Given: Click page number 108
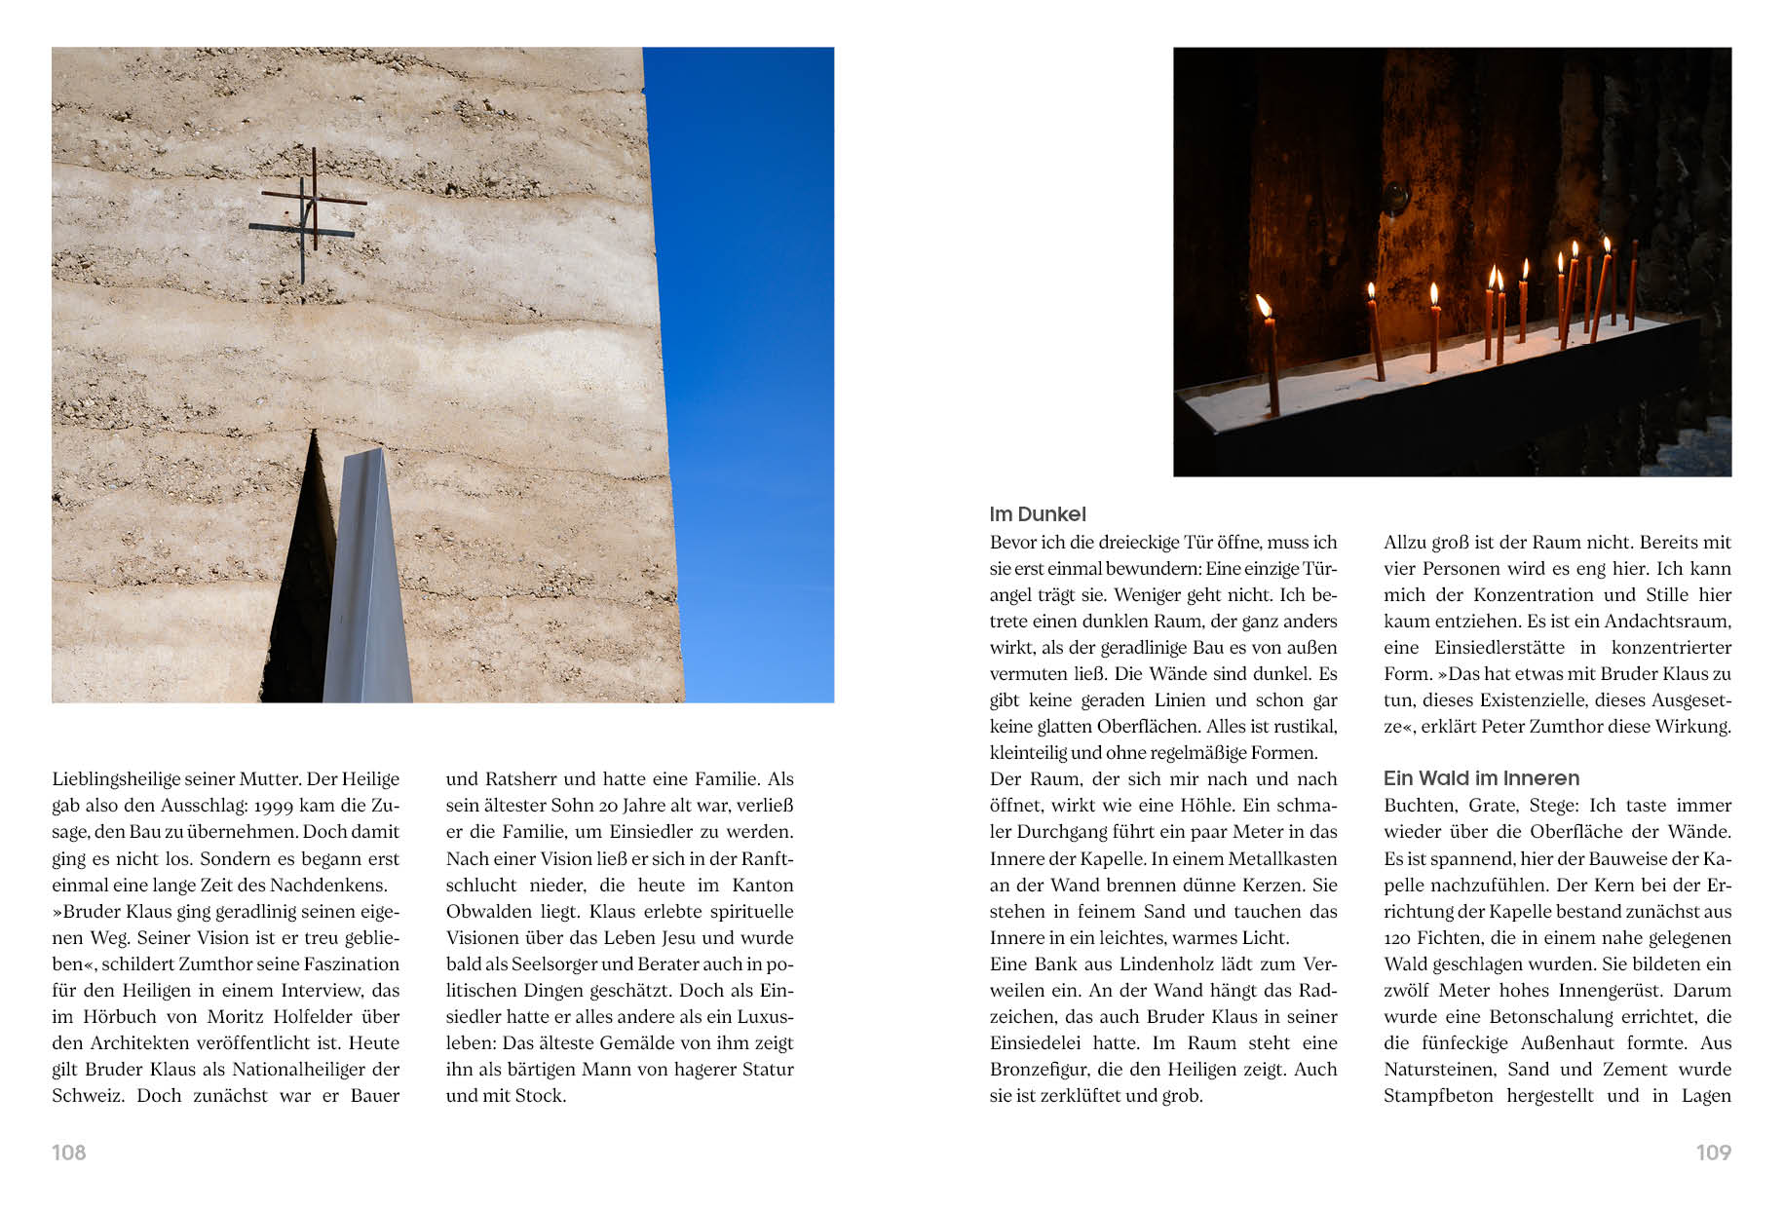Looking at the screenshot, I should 68,1152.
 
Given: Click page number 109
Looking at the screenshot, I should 1713,1152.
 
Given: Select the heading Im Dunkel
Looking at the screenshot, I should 1037,514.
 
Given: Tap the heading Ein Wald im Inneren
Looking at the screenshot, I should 1481,778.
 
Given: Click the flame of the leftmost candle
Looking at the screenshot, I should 1264,306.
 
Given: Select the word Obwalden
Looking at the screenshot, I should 483,912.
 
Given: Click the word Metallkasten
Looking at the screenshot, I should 1282,859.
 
